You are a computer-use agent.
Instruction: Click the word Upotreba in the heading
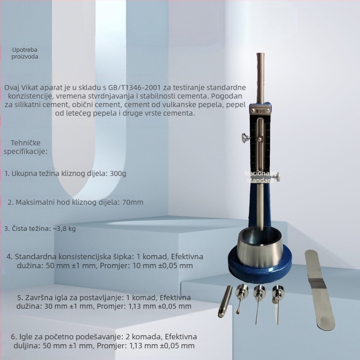pyautogui.click(x=25, y=49)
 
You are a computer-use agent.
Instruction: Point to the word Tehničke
pyautogui.click(x=26, y=143)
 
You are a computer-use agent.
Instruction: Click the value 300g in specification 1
pyautogui.click(x=118, y=174)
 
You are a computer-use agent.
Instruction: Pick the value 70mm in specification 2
pyautogui.click(x=133, y=202)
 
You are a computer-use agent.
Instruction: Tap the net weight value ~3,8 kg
pyautogui.click(x=64, y=229)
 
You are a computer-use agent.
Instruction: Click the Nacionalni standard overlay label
pyautogui.click(x=261, y=177)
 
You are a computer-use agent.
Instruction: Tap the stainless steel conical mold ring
pyautogui.click(x=260, y=247)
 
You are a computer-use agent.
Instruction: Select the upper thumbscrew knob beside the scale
pyautogui.click(x=246, y=138)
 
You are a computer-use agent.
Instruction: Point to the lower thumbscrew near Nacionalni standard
pyautogui.click(x=277, y=177)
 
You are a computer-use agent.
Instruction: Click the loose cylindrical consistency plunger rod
pyautogui.click(x=224, y=301)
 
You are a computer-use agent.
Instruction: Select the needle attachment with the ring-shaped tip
pyautogui.click(x=241, y=298)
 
